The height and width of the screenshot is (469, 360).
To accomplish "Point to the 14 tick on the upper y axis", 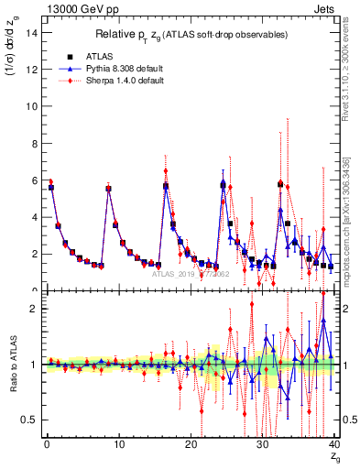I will tap(31, 32).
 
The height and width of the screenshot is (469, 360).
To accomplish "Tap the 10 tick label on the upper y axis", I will tap(31, 105).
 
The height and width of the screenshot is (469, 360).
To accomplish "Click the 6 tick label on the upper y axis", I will tap(34, 180).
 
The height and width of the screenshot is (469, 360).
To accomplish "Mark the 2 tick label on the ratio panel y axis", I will tap(34, 309).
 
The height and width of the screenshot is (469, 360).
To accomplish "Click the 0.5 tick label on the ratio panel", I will tap(29, 420).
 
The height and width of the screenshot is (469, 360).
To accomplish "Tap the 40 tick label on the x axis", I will tap(334, 446).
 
